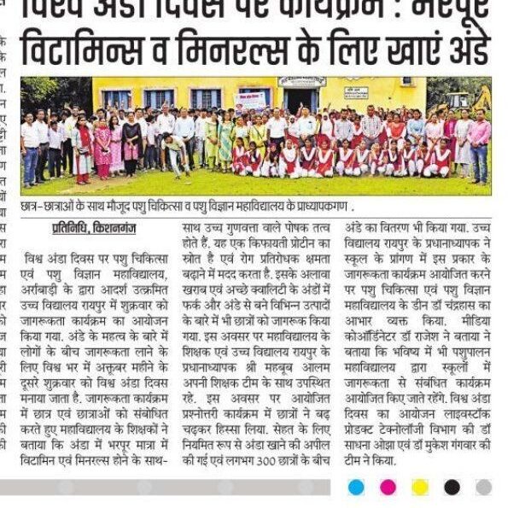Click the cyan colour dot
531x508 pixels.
356,487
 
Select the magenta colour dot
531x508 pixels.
388,487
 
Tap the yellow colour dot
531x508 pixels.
419,487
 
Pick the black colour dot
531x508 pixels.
452,487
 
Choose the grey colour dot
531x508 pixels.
483,487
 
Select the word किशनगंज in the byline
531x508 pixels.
114,231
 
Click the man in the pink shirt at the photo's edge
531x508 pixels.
480,145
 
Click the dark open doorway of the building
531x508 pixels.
298,102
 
